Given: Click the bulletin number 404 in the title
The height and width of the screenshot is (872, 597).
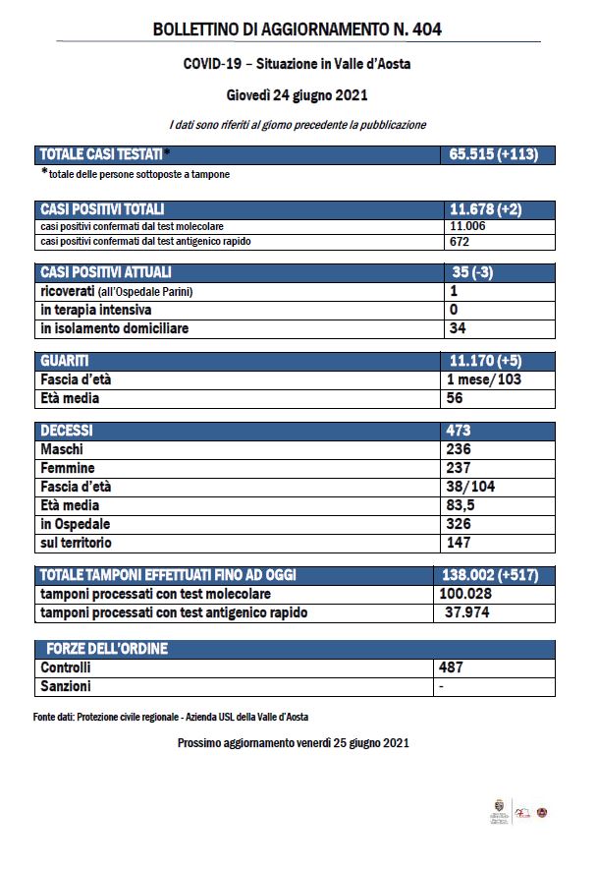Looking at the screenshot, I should pyautogui.click(x=427, y=30).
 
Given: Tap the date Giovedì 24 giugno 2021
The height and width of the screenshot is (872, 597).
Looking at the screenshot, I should pyautogui.click(x=297, y=95).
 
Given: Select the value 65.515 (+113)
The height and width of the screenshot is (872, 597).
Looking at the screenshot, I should pyautogui.click(x=496, y=154).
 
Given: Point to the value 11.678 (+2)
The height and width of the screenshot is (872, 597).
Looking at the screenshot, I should pyautogui.click(x=484, y=209).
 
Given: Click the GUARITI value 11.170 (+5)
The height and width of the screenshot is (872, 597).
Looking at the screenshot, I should pyautogui.click(x=484, y=362).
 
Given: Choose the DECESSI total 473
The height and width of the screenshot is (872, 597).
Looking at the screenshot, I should pyautogui.click(x=459, y=431).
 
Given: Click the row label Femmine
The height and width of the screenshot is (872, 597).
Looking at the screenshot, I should pyautogui.click(x=68, y=468).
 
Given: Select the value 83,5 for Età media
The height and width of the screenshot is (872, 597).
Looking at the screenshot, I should pyautogui.click(x=461, y=505).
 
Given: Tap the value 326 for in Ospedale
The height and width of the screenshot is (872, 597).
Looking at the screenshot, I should pyautogui.click(x=459, y=524).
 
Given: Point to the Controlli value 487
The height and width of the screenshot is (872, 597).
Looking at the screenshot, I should pyautogui.click(x=452, y=668).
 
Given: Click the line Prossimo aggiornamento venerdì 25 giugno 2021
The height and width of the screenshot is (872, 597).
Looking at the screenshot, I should pyautogui.click(x=293, y=743).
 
